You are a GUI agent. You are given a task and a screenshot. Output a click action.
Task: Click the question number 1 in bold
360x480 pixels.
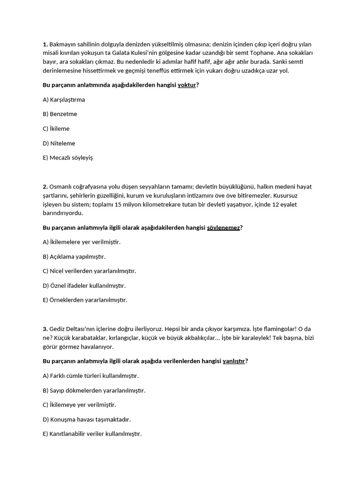coord(45,44)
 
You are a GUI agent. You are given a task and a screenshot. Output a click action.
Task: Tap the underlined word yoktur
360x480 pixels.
coord(187,85)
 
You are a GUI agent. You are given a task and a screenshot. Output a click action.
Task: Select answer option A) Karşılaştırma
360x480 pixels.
coord(64,99)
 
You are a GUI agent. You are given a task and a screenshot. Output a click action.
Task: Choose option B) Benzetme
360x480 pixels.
coord(60,114)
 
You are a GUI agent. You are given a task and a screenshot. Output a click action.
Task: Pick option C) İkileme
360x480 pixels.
coord(56,128)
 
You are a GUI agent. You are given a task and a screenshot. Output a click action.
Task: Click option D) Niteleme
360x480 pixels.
coord(59,143)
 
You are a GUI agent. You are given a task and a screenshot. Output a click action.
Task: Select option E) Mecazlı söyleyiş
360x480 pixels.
coord(67,157)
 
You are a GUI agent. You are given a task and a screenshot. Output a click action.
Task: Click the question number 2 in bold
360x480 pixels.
coord(45,187)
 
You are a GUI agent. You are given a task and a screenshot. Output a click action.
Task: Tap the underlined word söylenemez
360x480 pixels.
coord(223,227)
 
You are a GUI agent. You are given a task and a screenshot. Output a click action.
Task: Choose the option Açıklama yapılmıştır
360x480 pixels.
coord(74,256)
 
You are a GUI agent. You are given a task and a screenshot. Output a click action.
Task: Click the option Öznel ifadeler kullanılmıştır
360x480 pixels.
coord(84,285)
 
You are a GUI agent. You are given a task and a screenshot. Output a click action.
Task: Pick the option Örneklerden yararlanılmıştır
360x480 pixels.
coord(85,300)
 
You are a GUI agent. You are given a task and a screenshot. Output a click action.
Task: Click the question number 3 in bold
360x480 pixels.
coord(45,329)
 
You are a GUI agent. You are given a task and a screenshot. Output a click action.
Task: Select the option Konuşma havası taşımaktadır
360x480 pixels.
coord(87,419)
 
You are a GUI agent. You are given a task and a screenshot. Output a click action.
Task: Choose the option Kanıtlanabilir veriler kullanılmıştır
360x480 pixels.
coord(92,434)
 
